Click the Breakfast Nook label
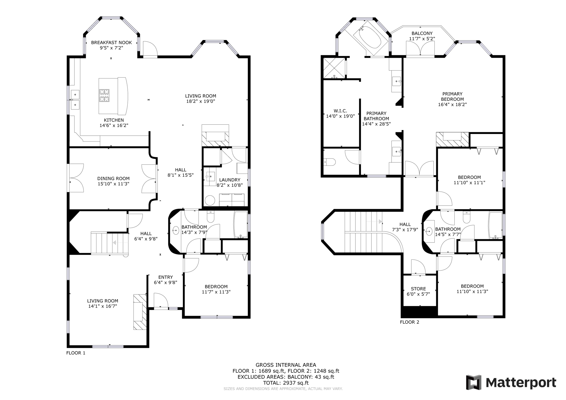(x=111, y=43)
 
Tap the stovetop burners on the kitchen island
(x=104, y=96)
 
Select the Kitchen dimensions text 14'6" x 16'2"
(x=114, y=125)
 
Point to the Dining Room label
(x=113, y=178)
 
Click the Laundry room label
(x=230, y=180)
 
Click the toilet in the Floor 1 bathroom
(x=211, y=217)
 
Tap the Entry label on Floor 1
(x=166, y=277)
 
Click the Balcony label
(x=422, y=33)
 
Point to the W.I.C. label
(x=340, y=111)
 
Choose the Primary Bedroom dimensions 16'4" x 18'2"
(x=452, y=104)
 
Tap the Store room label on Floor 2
(x=418, y=289)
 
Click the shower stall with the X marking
(x=334, y=68)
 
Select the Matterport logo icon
(x=474, y=382)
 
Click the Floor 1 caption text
(x=76, y=353)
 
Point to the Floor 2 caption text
(x=410, y=322)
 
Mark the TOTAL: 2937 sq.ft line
(x=286, y=383)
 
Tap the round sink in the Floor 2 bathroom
(x=429, y=231)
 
